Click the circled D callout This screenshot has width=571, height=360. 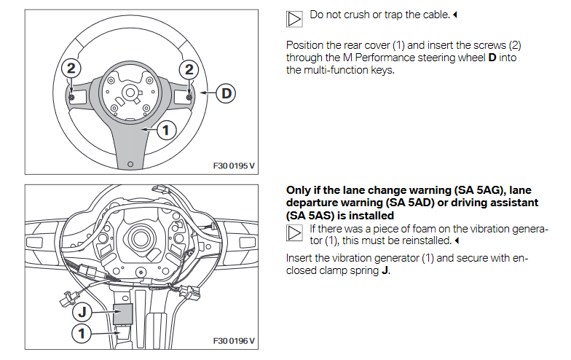coord(227,94)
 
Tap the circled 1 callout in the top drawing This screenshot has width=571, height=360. coord(166,130)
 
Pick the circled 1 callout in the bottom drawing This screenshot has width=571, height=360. coord(82,334)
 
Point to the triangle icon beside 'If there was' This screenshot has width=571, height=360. coord(295,233)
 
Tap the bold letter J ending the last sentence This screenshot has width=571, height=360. coord(386,271)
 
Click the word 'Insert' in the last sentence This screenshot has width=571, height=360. coord(302,259)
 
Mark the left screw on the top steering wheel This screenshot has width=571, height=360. coord(71,97)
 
